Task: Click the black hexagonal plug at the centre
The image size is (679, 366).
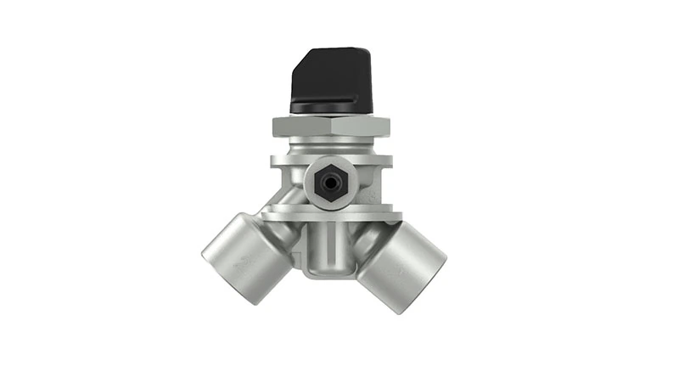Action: click(x=329, y=181)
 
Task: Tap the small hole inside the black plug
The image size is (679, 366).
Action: click(x=329, y=181)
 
